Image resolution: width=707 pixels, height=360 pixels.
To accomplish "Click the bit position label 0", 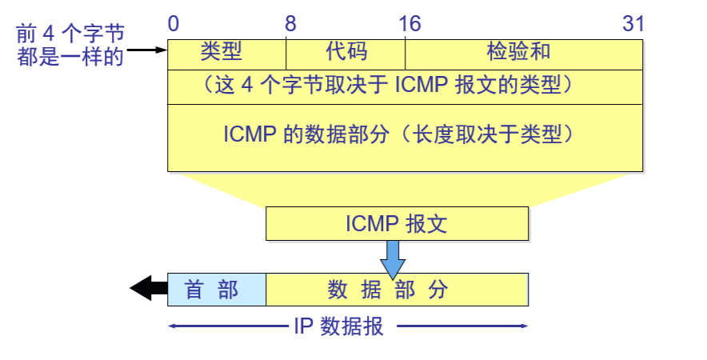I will click(174, 24).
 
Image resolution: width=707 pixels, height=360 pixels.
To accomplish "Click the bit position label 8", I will click(290, 24).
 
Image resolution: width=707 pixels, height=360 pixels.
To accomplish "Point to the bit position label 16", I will click(409, 24).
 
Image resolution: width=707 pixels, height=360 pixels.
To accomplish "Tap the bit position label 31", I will click(633, 24).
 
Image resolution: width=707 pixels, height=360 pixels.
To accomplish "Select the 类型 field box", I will click(226, 54).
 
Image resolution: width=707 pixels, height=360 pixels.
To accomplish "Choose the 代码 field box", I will click(346, 54).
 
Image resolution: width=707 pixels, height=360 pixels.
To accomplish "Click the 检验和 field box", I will click(524, 54).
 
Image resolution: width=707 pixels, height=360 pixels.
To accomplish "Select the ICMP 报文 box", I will click(397, 224).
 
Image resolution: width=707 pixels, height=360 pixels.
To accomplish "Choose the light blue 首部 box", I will click(216, 290).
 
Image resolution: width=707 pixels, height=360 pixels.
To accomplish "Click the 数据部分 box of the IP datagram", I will click(397, 290).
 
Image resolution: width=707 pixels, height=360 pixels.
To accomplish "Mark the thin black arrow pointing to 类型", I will click(147, 50).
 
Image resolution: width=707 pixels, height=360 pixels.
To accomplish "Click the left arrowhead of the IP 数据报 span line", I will click(171, 326).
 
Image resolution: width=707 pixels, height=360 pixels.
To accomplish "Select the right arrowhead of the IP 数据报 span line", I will click(525, 326).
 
